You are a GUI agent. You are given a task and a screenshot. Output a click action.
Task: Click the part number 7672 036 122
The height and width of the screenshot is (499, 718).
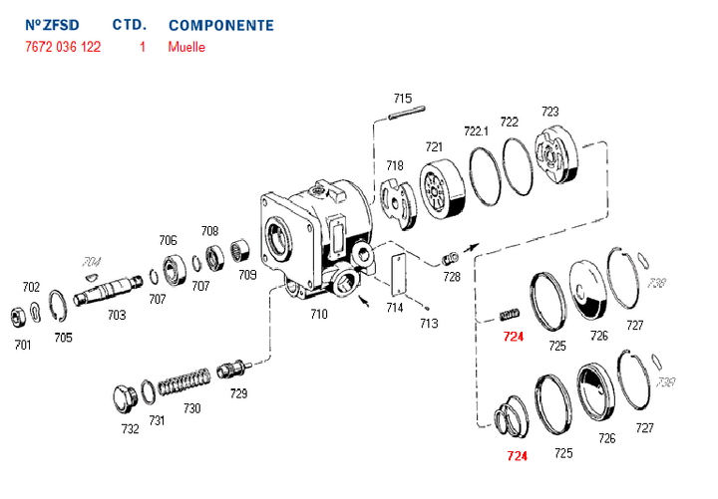[62, 47]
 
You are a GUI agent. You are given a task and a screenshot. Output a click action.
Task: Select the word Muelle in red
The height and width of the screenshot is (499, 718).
[186, 47]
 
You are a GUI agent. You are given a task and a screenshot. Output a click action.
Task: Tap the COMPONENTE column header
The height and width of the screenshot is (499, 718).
[220, 25]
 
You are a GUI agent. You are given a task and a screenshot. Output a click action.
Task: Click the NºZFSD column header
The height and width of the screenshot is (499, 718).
[51, 25]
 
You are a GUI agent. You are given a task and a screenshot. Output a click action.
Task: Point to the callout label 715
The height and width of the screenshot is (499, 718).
[402, 98]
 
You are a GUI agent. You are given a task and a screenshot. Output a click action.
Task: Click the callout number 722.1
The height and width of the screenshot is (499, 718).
[477, 129]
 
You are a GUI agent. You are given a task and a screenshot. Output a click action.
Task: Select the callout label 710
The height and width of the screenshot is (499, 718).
[318, 313]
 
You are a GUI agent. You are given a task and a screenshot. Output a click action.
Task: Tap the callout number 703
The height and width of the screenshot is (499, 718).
[117, 315]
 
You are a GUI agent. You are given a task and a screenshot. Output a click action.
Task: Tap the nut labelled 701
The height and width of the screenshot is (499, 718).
[18, 318]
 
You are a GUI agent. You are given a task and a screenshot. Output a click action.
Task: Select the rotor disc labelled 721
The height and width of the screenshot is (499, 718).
[438, 190]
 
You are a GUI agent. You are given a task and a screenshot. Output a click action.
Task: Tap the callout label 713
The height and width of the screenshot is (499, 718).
[429, 323]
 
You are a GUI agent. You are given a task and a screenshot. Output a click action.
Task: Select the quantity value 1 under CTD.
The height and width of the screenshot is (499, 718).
[143, 47]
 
